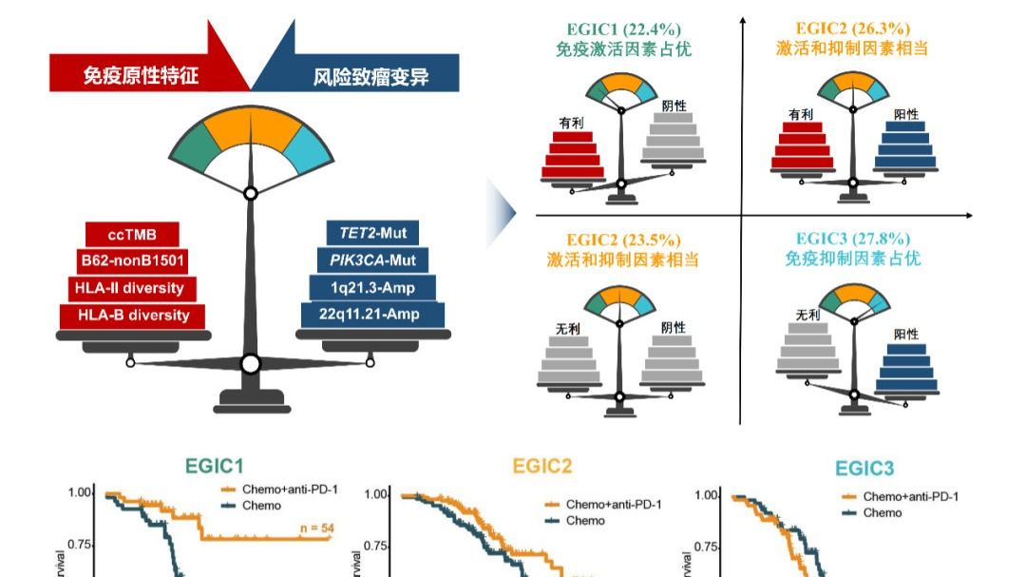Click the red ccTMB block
(132, 234)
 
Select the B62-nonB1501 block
(132, 260)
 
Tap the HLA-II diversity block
(132, 288)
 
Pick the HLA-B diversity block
(132, 316)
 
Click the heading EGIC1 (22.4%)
(622, 29)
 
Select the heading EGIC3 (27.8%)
(852, 239)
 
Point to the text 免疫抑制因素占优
(852, 259)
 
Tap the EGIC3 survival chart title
(864, 468)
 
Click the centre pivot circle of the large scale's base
(251, 364)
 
